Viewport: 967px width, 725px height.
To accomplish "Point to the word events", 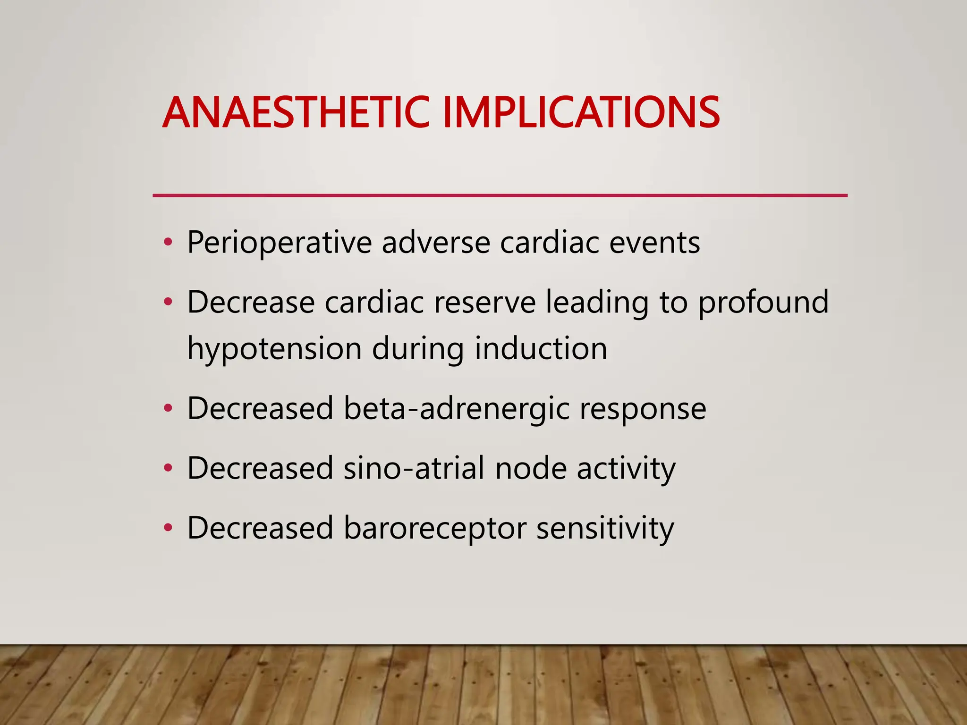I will [654, 243].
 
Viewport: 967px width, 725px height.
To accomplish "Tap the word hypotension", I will [274, 349].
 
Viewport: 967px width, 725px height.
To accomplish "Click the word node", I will [531, 468].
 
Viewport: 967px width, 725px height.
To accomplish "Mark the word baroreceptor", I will [435, 529].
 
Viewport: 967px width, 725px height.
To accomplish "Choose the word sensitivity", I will [605, 529].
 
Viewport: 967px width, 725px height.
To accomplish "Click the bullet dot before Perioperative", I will [168, 243].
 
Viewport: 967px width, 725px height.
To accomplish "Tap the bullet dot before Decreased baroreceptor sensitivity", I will [168, 528].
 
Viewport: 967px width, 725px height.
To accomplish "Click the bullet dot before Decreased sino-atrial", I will [168, 469].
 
